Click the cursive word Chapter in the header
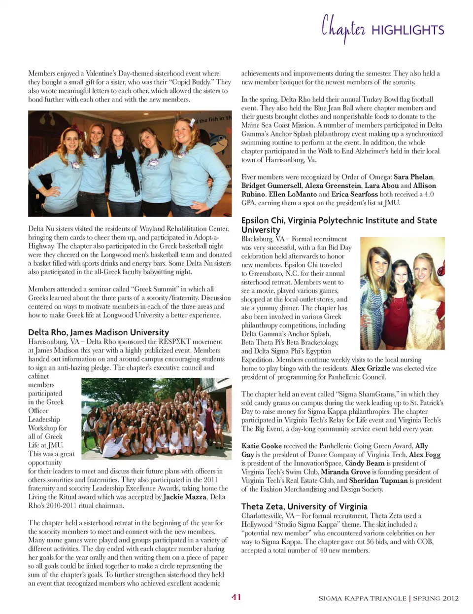coord(343,29)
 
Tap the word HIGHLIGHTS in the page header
coord(407,30)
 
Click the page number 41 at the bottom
coord(236,597)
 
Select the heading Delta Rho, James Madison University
coord(99,332)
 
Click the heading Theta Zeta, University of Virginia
coord(304,506)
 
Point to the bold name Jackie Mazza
coord(185,497)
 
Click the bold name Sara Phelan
coord(413,177)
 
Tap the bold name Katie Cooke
coord(262,446)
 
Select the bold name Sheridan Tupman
coord(378,480)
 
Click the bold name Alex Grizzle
coord(370,368)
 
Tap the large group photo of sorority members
coord(156,419)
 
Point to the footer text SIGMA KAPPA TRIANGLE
coord(362,598)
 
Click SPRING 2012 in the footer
coord(436,598)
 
